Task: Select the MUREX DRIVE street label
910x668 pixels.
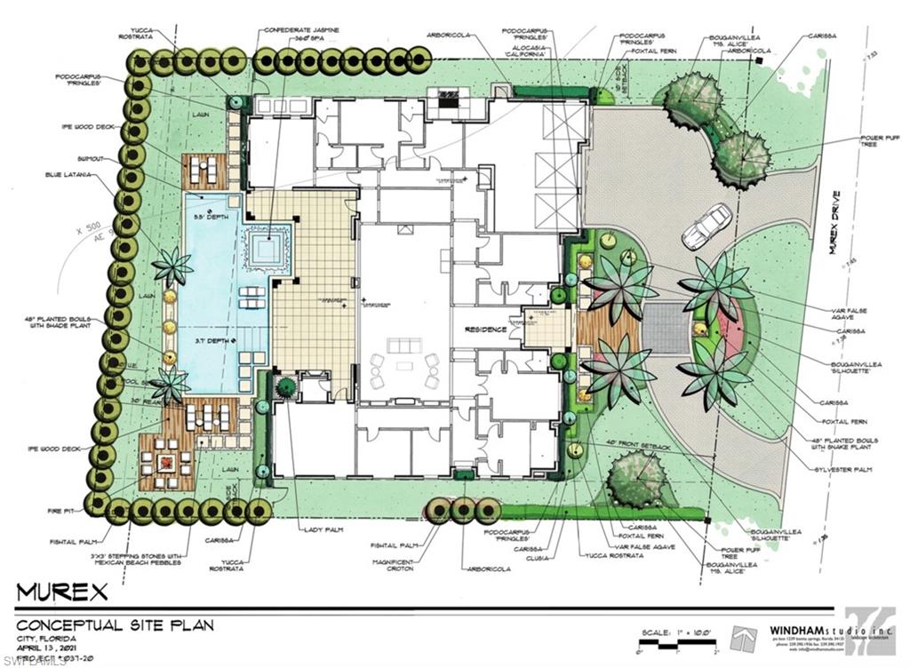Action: (x=838, y=221)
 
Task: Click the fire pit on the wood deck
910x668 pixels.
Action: (x=166, y=463)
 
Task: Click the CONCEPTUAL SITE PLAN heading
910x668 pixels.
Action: (x=116, y=624)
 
